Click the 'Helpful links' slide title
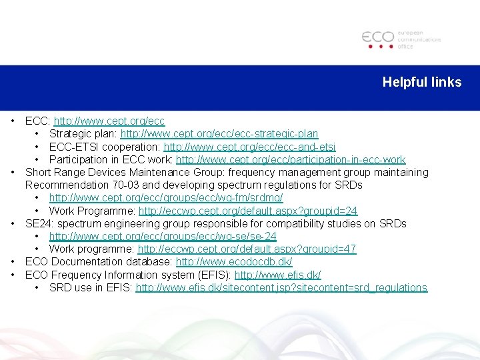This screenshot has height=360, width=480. (x=421, y=82)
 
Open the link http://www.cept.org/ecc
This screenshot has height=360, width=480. (x=109, y=121)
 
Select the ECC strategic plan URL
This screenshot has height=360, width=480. (x=219, y=134)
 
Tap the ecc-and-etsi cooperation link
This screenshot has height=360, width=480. (x=249, y=147)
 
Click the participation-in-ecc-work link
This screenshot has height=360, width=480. (x=291, y=159)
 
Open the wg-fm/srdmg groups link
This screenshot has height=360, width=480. (x=166, y=198)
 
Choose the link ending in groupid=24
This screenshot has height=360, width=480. (x=248, y=211)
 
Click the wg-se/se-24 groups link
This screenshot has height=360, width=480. (x=163, y=236)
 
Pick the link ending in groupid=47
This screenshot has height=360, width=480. (x=247, y=249)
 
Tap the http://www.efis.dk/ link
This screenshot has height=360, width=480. (x=277, y=275)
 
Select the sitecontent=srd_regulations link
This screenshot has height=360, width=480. (x=281, y=287)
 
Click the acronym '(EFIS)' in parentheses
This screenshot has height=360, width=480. (x=213, y=275)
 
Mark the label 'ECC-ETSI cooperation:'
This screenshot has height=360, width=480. (x=105, y=147)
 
